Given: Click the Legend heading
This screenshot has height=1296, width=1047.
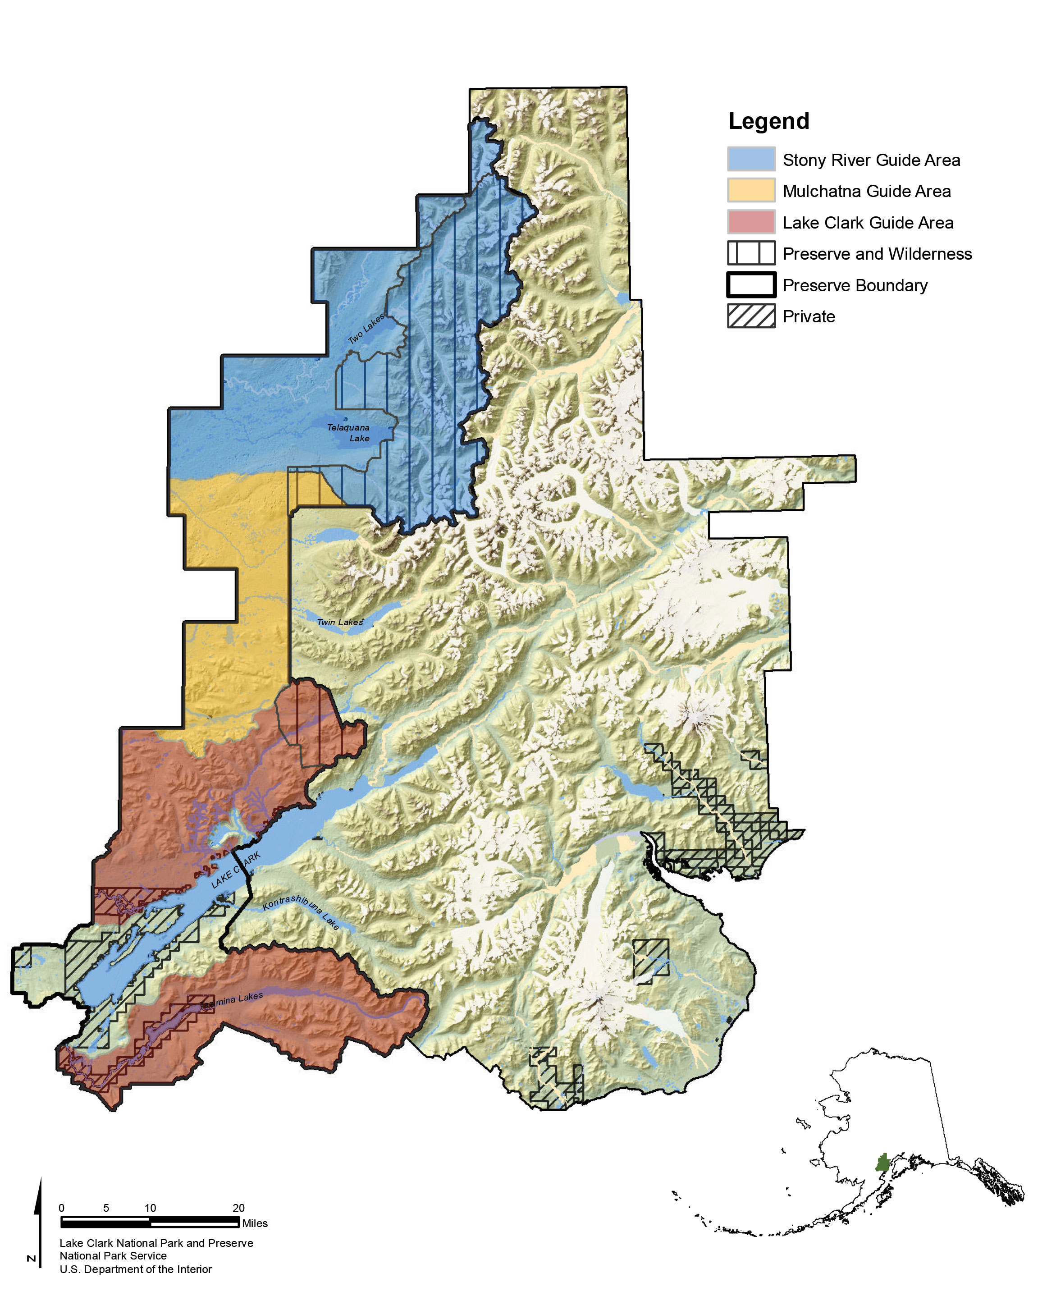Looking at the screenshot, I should tap(768, 121).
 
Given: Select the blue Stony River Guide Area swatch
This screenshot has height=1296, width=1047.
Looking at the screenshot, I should tap(751, 159).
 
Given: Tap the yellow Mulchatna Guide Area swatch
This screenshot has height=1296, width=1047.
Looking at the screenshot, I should tap(751, 191).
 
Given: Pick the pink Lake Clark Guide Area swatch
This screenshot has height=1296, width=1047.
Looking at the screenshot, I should tap(751, 222).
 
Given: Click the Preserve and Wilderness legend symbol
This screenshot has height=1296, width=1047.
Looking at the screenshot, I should tap(751, 253).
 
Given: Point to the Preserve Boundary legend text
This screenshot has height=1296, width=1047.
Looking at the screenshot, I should tap(855, 285).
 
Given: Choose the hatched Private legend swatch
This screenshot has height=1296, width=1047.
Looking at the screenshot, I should tap(751, 316).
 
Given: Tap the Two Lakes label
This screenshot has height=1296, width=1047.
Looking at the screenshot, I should tap(366, 329).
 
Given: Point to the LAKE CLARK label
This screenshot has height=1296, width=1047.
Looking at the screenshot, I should tap(236, 870).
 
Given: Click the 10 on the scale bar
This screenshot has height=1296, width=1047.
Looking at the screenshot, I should tap(150, 1208).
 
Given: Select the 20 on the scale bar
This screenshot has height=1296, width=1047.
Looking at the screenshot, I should tap(238, 1208).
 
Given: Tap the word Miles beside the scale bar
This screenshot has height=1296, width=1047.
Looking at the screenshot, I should tap(255, 1223).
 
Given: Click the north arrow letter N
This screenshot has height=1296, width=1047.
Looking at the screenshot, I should tap(32, 1259).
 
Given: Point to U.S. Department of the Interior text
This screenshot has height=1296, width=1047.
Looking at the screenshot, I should tap(135, 1269).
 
